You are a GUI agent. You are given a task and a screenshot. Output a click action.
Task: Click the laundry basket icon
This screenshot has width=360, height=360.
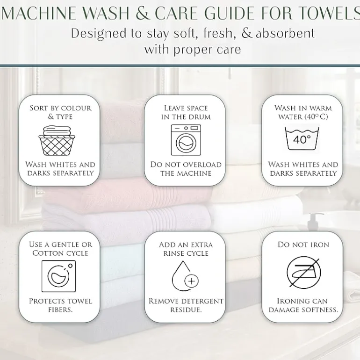click(x=57, y=140)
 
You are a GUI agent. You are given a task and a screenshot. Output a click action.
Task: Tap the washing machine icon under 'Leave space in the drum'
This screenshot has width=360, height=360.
click(x=186, y=140)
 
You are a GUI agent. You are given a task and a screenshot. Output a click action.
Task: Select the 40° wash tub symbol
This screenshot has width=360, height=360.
click(x=302, y=138)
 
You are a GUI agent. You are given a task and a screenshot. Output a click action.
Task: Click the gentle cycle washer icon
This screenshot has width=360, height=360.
click(x=58, y=276)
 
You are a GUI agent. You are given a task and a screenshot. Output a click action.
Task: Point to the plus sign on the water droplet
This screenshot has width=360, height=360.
click(x=192, y=281)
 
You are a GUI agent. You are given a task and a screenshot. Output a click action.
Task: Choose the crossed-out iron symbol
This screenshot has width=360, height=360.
click(x=304, y=272)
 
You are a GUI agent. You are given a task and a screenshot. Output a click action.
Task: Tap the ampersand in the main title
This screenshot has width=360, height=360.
click(x=143, y=13)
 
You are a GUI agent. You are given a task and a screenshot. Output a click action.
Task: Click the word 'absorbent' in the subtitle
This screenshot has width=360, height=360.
click(x=285, y=34)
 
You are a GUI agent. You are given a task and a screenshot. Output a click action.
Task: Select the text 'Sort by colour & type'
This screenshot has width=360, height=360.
click(x=60, y=112)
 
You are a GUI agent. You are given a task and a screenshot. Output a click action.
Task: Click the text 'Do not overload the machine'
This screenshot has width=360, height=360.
click(x=186, y=169)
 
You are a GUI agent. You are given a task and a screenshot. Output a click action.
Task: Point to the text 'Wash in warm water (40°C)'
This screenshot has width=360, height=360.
click(x=303, y=112)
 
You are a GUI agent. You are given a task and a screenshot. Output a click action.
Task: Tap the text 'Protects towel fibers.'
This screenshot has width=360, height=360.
click(x=60, y=305)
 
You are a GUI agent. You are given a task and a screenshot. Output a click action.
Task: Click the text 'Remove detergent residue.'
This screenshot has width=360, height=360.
click(x=186, y=305)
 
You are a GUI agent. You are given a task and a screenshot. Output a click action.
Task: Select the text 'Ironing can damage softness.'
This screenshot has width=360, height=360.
click(x=303, y=305)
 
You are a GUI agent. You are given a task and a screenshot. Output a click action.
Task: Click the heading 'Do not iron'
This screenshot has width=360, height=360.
click(x=303, y=245)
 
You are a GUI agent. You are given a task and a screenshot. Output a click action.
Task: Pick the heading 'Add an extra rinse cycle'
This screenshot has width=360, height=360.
click(x=186, y=249)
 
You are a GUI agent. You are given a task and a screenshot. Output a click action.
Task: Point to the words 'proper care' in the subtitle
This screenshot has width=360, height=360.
click(x=207, y=50)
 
